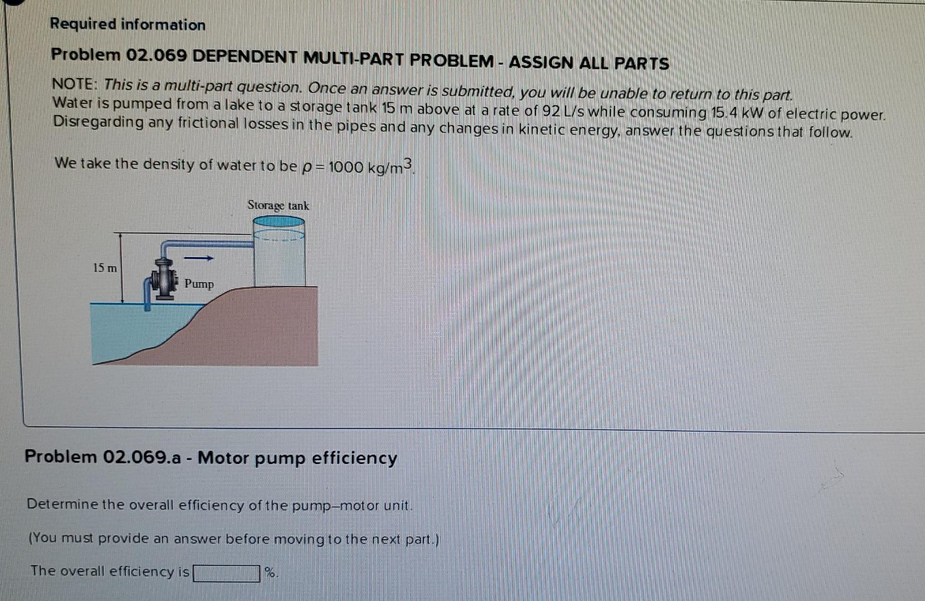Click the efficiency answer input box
[x=226, y=573]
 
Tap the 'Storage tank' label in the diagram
[x=278, y=205]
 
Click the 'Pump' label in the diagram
[x=199, y=284]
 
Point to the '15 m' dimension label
[x=105, y=268]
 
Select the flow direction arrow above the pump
[x=199, y=258]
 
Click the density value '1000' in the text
[x=346, y=166]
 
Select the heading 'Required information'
[x=127, y=24]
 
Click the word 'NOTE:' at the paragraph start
[x=75, y=85]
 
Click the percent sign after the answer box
[x=270, y=573]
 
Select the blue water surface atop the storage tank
[x=279, y=221]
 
